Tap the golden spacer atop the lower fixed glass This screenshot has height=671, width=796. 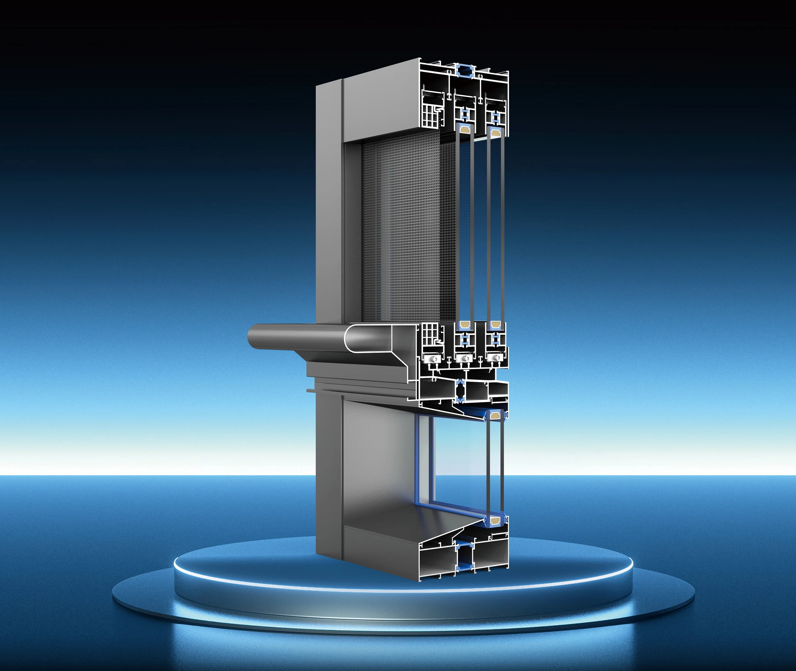pyautogui.click(x=495, y=415)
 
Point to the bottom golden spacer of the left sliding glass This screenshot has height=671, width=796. pyautogui.click(x=464, y=325)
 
